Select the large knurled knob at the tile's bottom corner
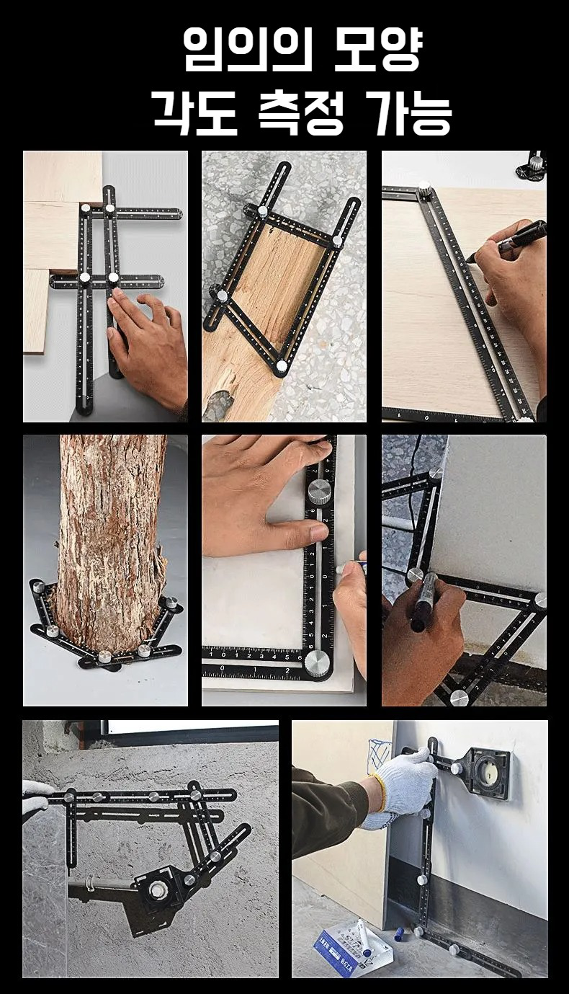click(317, 663)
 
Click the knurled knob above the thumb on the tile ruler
click(320, 492)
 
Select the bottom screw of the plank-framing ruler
click(281, 365)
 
